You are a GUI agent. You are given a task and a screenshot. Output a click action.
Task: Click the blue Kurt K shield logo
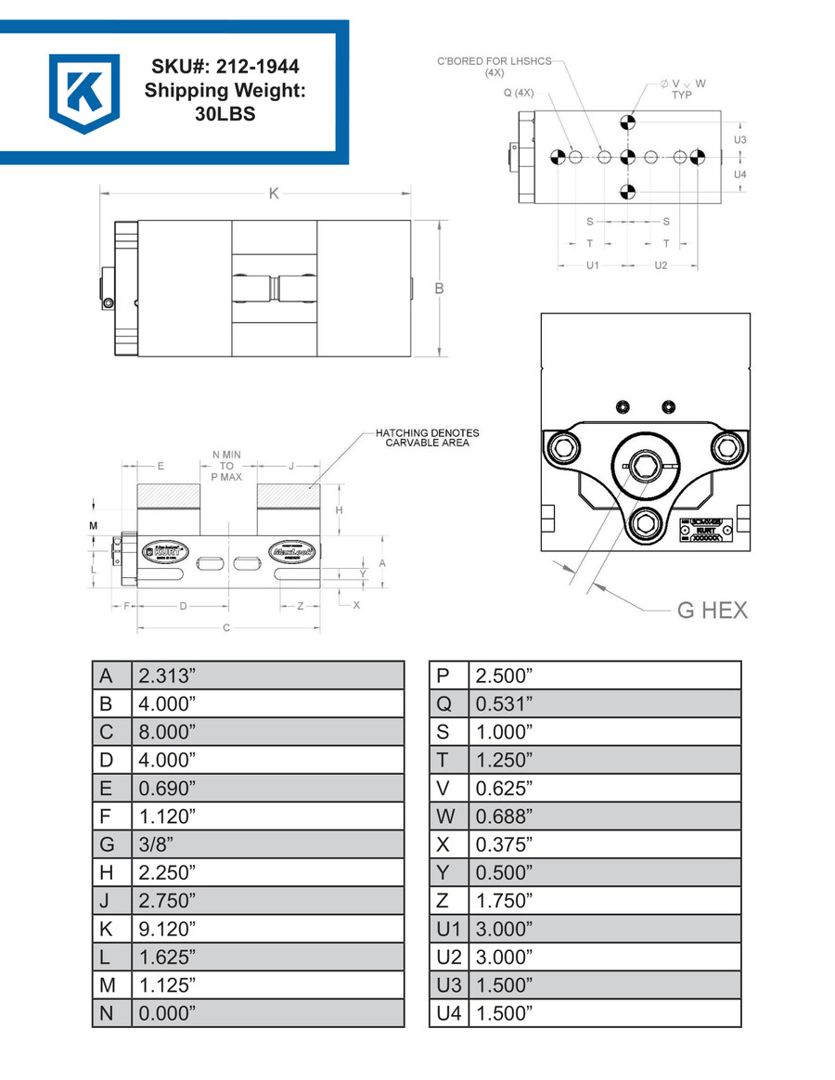84,93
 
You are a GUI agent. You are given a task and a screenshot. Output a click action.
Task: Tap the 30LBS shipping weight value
225,115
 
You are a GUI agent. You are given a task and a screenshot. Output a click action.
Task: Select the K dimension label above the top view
273,194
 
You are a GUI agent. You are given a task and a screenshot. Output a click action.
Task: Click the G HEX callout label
711,610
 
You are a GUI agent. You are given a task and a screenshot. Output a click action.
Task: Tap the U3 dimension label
739,139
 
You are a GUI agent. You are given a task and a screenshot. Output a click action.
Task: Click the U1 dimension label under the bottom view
594,264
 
